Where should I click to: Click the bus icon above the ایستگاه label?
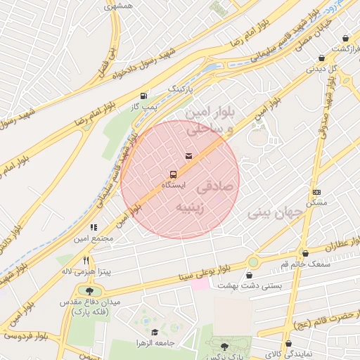pyautogui.click(x=172, y=174)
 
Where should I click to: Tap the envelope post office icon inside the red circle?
pyautogui.click(x=188, y=155)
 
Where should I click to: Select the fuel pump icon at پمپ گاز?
pyautogui.click(x=144, y=95)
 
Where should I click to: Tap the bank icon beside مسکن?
pyautogui.click(x=316, y=191)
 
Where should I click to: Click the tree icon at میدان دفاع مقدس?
pyautogui.click(x=89, y=290)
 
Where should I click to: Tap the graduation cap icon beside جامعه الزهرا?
pyautogui.click(x=155, y=333)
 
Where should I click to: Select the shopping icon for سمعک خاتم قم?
pyautogui.click(x=304, y=252)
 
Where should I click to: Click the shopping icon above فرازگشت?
pyautogui.click(x=345, y=38)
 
